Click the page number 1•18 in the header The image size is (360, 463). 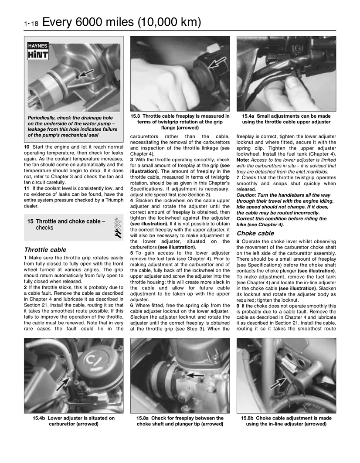(31, 24)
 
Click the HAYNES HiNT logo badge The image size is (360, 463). (38, 51)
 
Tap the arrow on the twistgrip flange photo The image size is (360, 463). (217, 63)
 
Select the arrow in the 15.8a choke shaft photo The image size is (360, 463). (195, 376)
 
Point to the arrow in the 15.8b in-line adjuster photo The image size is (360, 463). (278, 383)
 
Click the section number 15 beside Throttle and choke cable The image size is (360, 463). (30, 221)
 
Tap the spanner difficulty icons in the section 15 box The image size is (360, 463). (118, 228)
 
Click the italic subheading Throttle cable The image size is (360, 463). (45, 250)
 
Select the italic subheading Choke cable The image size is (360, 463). (255, 233)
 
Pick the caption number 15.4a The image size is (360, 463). (248, 116)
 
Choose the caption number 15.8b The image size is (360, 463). (248, 418)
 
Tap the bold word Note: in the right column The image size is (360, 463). (243, 160)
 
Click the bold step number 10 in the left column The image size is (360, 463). (27, 147)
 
